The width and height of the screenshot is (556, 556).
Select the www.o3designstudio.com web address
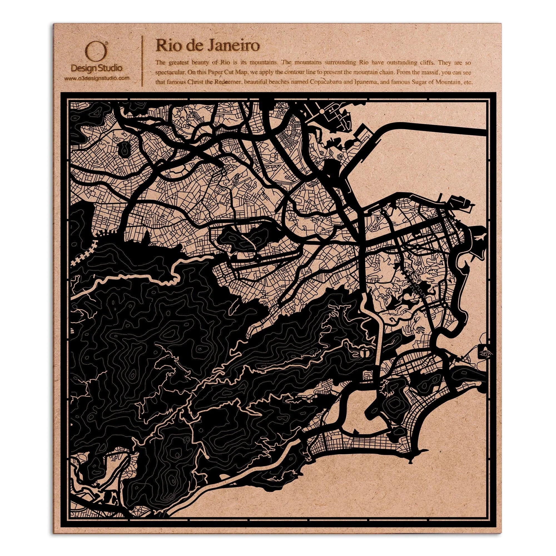[x=96, y=78]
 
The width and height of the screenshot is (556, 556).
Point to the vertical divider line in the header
[x=143, y=61]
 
